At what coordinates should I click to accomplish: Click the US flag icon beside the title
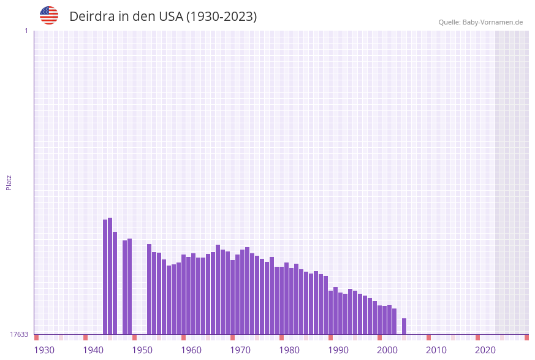(x=49, y=15)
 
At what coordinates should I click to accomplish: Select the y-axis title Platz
(x=9, y=182)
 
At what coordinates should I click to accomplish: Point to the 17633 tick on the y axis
(x=19, y=334)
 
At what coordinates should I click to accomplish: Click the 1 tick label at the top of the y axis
(x=26, y=31)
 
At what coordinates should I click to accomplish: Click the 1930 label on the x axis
(x=44, y=350)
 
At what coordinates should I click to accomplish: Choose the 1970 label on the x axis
(x=240, y=350)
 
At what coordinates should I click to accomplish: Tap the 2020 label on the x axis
(x=485, y=350)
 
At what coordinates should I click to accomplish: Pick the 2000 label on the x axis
(x=387, y=350)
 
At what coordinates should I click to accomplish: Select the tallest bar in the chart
(x=110, y=276)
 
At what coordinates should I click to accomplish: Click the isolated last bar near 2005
(x=404, y=326)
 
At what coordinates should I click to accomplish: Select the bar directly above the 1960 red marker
(x=184, y=294)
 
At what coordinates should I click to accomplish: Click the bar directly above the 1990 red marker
(x=331, y=312)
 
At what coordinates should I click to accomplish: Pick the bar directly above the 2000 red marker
(x=380, y=320)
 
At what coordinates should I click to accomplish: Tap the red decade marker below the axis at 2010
(x=429, y=337)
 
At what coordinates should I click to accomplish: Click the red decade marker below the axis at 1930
(x=37, y=337)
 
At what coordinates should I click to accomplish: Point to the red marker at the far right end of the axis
(x=526, y=337)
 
